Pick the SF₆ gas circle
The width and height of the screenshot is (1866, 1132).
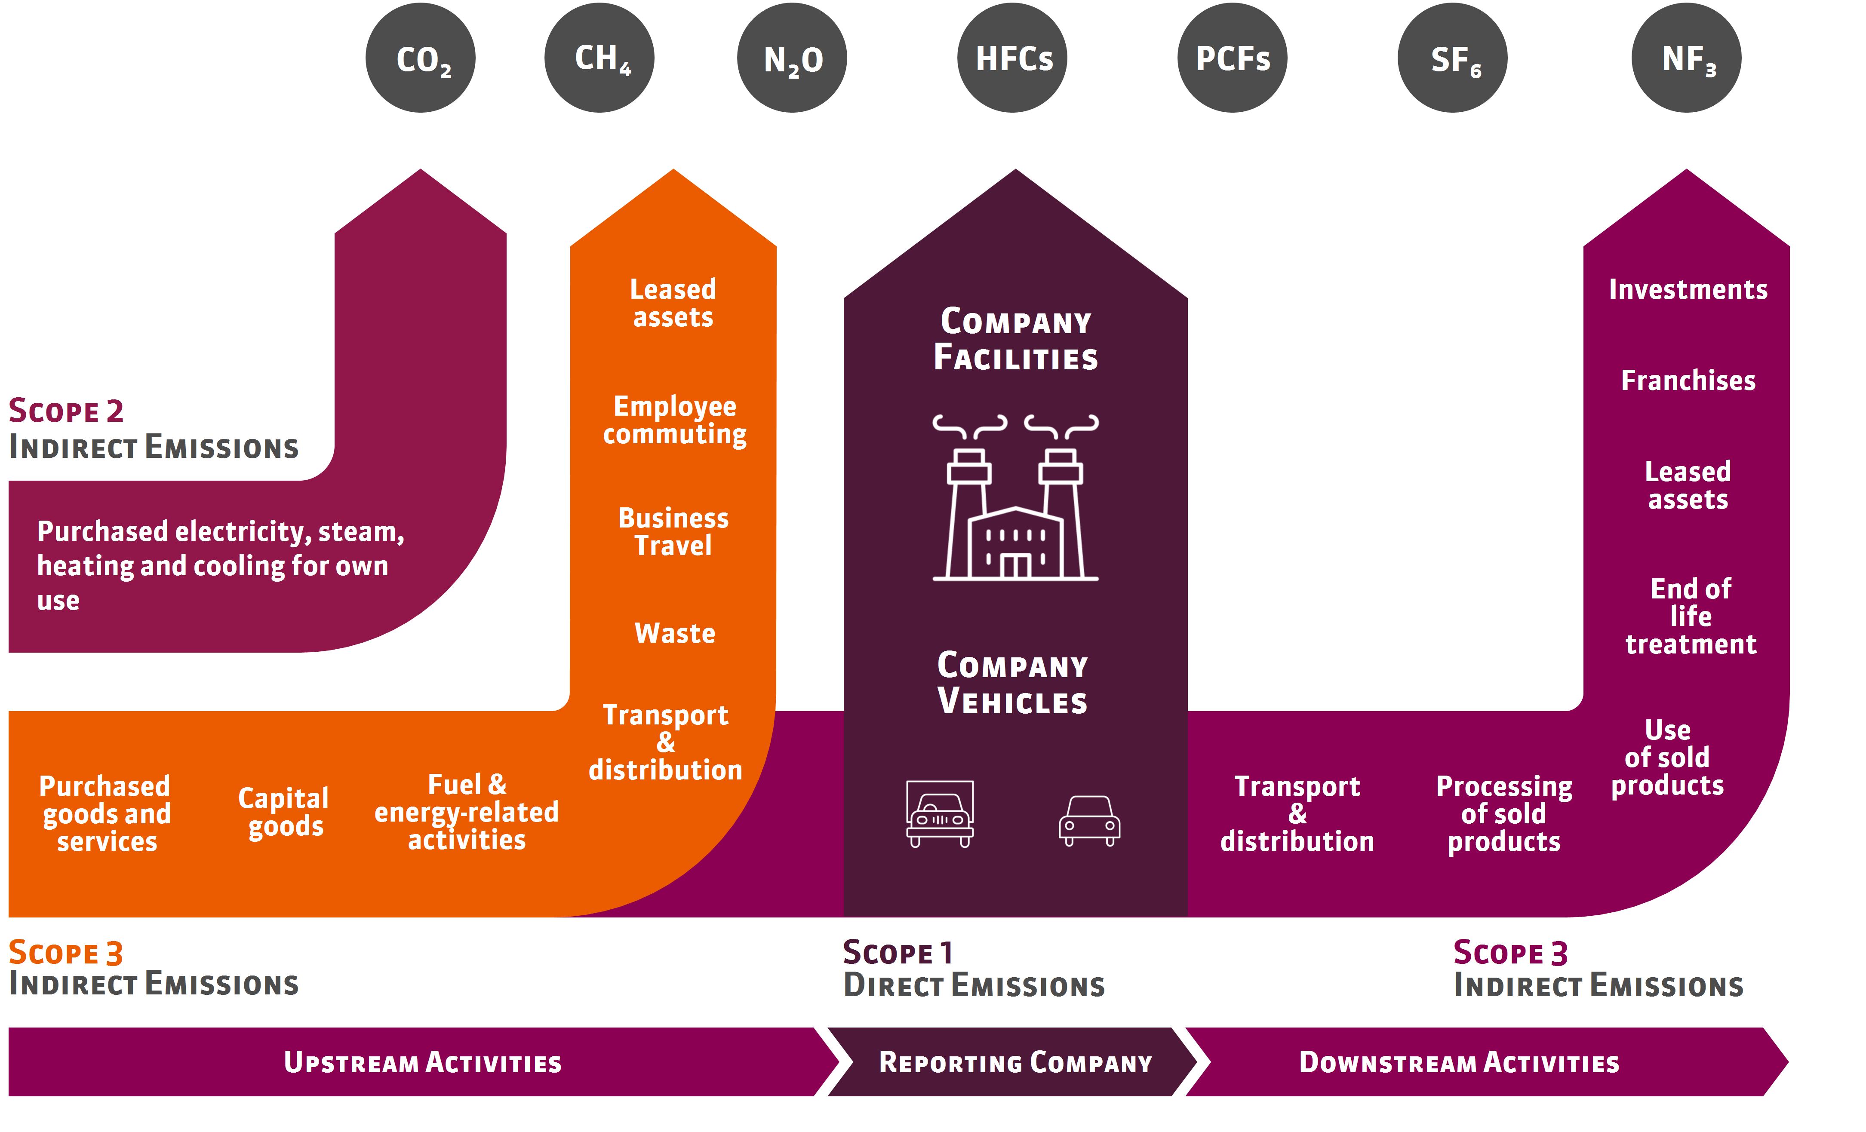click(x=1453, y=58)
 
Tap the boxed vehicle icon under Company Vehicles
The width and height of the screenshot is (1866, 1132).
click(x=940, y=813)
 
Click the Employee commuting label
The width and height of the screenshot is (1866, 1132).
click(x=674, y=420)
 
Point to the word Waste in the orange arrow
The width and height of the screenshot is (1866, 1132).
click(x=674, y=633)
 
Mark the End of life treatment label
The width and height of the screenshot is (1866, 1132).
click(x=1690, y=617)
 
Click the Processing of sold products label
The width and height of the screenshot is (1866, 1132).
click(x=1504, y=814)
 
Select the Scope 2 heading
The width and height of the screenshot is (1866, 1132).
click(x=67, y=411)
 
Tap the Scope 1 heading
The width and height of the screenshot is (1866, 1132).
click(x=898, y=953)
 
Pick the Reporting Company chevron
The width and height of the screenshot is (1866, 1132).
click(x=1015, y=1062)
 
